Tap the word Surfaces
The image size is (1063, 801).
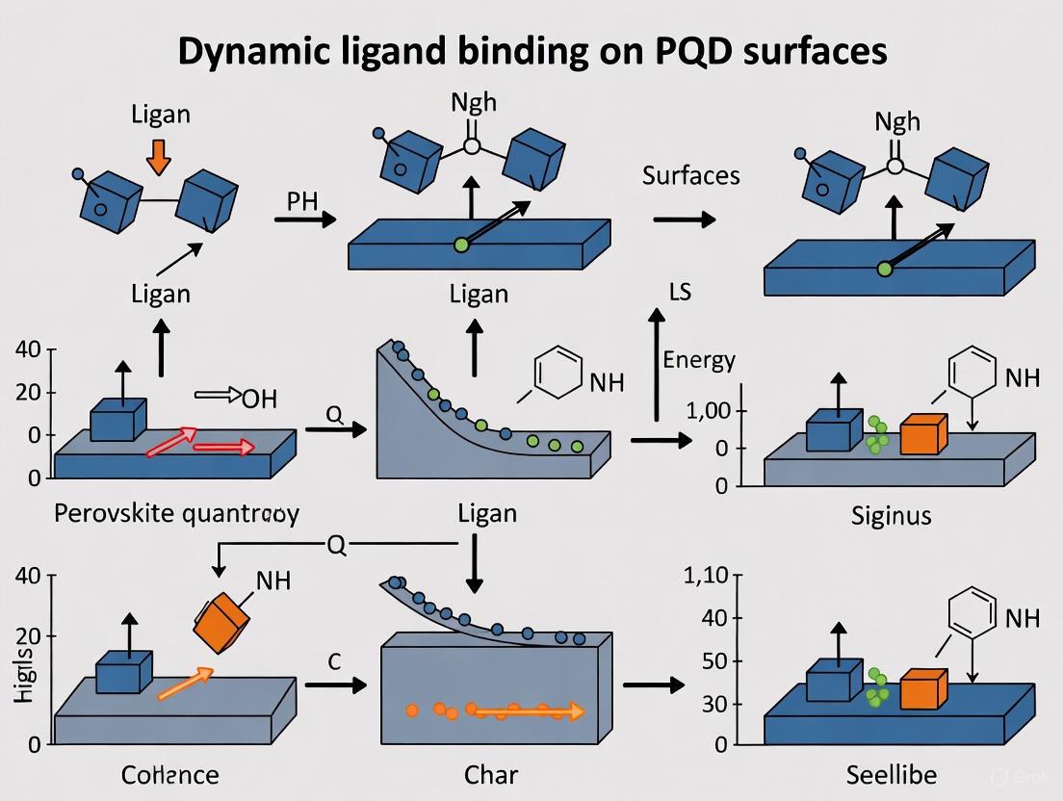[x=690, y=175]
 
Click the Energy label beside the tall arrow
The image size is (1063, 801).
[x=699, y=360]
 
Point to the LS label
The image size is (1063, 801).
[x=680, y=291]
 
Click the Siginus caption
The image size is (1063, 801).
[x=891, y=515]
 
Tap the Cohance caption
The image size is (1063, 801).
[x=170, y=774]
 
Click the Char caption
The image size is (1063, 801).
[x=491, y=774]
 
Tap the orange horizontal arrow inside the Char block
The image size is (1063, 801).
[x=525, y=712]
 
